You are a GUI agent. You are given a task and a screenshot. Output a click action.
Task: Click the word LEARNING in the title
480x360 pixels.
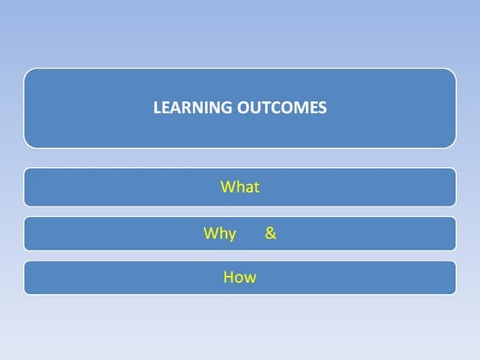tap(187, 108)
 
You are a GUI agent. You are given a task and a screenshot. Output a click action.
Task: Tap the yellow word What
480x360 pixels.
tap(239, 187)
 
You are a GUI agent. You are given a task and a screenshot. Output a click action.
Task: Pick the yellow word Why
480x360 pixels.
tap(219, 233)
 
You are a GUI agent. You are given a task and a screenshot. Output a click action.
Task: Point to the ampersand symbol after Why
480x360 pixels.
tap(271, 232)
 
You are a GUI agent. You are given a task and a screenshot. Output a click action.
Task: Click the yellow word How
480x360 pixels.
tap(239, 277)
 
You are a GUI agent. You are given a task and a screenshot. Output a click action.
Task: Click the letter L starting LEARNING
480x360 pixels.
tap(157, 108)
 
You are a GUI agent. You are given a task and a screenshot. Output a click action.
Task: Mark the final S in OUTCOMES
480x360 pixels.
tap(322, 108)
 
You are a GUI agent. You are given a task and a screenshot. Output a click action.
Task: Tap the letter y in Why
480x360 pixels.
tap(231, 235)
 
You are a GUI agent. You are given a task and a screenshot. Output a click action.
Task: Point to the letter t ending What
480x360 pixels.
tap(255, 187)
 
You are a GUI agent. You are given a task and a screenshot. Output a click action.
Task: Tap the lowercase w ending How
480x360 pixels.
tap(250, 278)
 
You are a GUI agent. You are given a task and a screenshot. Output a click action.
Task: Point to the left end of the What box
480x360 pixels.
tap(26, 187)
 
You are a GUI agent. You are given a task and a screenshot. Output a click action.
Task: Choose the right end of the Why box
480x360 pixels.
tap(454, 233)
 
